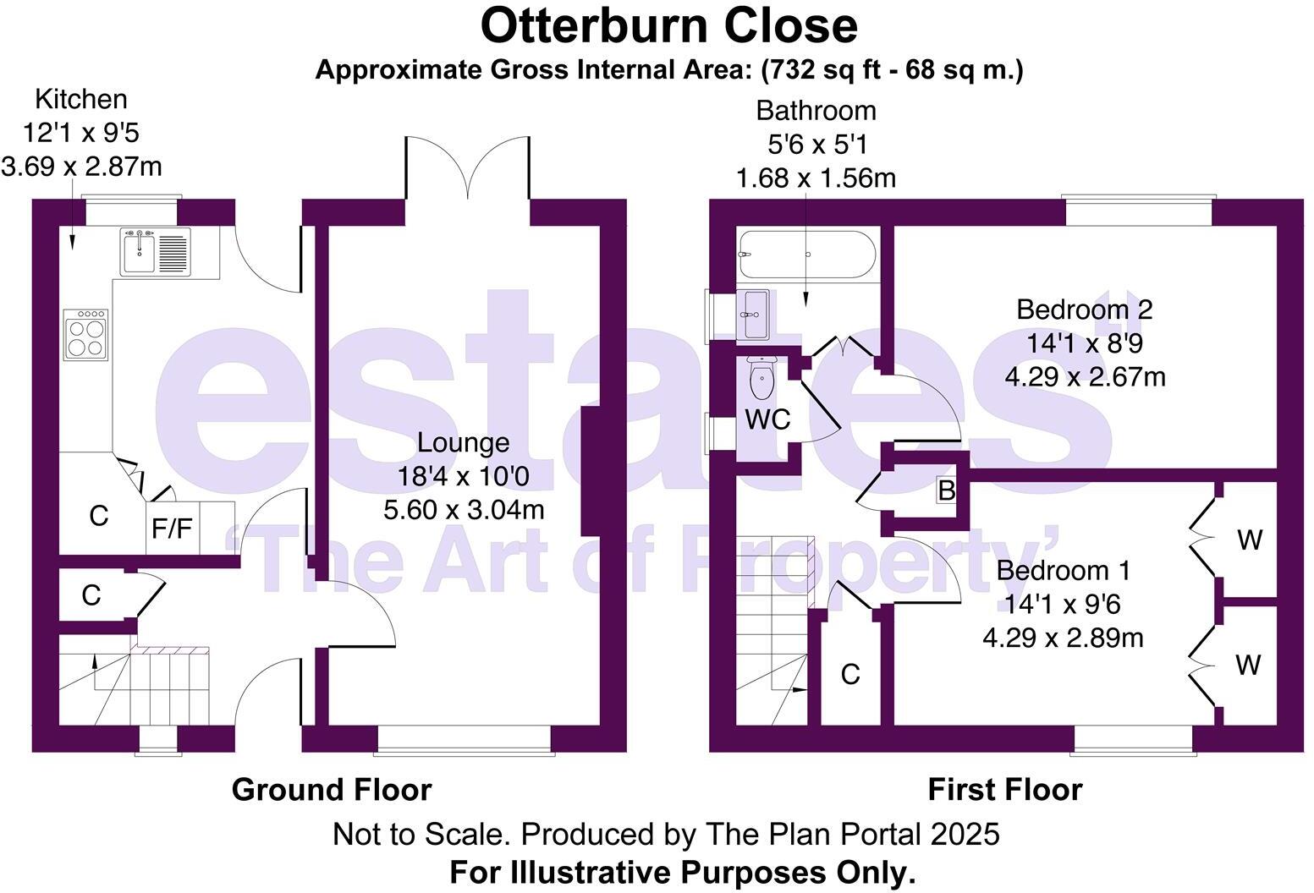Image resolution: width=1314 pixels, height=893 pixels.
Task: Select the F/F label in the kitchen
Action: point(172,529)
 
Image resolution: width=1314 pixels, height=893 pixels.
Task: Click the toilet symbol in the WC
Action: point(762,380)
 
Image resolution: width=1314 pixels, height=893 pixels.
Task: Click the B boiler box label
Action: point(947,490)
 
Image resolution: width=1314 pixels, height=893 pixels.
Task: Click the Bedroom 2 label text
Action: point(1084,310)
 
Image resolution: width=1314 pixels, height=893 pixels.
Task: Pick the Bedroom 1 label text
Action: point(1063,570)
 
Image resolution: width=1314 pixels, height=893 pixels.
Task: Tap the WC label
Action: point(767,419)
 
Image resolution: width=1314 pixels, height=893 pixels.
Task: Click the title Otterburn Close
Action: point(668,25)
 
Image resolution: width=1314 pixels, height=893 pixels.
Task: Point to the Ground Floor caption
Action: point(332,790)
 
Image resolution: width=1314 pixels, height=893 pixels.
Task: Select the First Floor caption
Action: point(1004,790)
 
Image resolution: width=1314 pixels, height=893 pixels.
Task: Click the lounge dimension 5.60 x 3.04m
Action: point(464,510)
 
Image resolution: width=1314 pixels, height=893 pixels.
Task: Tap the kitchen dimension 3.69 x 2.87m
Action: point(81,167)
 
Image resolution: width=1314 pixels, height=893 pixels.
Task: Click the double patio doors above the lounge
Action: point(468,169)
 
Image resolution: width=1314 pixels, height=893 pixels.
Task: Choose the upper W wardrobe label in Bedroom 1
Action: point(1250,540)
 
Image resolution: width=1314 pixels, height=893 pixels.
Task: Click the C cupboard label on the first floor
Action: point(850,675)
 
